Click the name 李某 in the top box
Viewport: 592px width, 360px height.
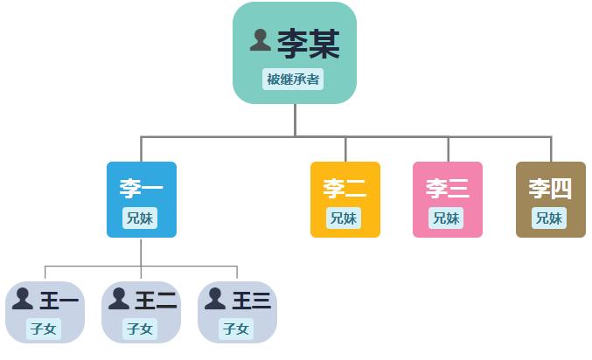(x=309, y=44)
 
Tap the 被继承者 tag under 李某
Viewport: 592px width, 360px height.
(x=293, y=80)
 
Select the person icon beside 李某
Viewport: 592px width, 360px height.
(x=260, y=40)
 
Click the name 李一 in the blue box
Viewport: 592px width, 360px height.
(x=141, y=189)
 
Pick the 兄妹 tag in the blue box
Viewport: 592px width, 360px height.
(x=140, y=218)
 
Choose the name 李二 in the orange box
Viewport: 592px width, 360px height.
(x=345, y=189)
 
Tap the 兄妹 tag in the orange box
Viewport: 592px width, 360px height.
(x=344, y=218)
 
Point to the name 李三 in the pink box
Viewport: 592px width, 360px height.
(x=448, y=189)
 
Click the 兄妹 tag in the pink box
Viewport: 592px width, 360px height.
(x=446, y=218)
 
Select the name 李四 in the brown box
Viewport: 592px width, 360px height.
(x=550, y=189)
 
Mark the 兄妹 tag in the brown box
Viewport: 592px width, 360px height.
(x=549, y=218)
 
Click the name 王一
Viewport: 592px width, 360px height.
(x=59, y=301)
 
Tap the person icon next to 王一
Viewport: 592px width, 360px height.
(x=23, y=299)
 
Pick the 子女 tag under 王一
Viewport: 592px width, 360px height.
(x=44, y=329)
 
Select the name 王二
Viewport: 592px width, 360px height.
(x=156, y=301)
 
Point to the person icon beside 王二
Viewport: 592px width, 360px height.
(x=119, y=299)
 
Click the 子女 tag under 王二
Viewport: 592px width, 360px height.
(x=140, y=329)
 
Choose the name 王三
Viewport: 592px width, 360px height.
(x=252, y=301)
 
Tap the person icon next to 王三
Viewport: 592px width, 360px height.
(x=215, y=299)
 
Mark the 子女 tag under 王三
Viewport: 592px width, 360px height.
(x=236, y=329)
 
